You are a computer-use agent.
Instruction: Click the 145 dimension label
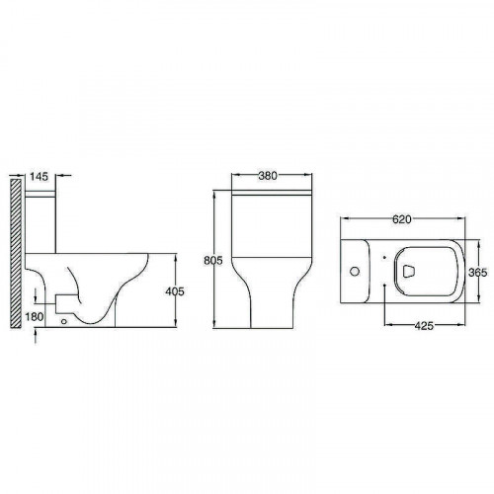[39, 176]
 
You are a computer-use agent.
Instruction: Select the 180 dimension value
[35, 317]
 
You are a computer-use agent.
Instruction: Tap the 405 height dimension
[175, 291]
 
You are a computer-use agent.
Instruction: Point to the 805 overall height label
[213, 260]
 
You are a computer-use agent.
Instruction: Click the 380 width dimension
[268, 176]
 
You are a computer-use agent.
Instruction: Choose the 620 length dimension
[402, 219]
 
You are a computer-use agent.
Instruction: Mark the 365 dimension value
[477, 273]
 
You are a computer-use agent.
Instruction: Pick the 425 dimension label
[424, 326]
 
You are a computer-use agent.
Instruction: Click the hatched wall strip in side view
[16, 253]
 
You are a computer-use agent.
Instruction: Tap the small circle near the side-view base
[64, 321]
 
